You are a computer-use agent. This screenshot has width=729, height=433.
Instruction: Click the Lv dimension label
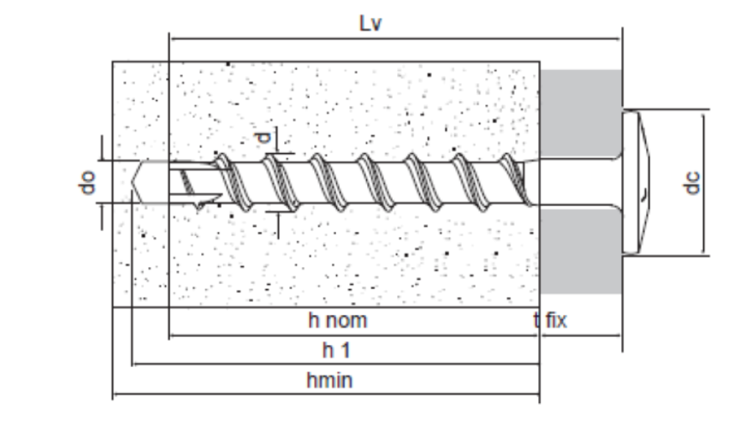pos(371,23)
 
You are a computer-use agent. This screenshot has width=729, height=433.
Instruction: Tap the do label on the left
pos(87,183)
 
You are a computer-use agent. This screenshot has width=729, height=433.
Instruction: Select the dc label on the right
pos(692,183)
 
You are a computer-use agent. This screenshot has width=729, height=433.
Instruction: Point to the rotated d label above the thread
pos(263,137)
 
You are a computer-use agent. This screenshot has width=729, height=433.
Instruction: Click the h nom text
pos(338,321)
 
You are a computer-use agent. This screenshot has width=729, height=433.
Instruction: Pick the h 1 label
pos(336,350)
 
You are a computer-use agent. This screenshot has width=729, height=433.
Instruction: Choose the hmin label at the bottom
pos(330,380)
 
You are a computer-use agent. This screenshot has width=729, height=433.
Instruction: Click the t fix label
pos(551,321)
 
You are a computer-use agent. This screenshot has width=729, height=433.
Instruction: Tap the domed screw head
pos(636,183)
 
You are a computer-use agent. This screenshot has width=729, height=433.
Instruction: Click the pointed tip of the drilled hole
pos(132,183)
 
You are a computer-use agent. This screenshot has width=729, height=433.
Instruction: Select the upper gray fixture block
pos(581,113)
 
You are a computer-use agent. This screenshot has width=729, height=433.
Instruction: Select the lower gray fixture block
pos(581,251)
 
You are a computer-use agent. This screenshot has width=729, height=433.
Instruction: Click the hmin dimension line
pos(326,394)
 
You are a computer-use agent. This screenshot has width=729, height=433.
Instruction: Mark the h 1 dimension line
pos(336,364)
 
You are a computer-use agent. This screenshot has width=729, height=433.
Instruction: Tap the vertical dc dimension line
pos(703,183)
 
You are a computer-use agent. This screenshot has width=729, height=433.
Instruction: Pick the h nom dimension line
pos(354,335)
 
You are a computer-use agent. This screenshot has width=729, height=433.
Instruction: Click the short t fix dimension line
pos(581,335)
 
